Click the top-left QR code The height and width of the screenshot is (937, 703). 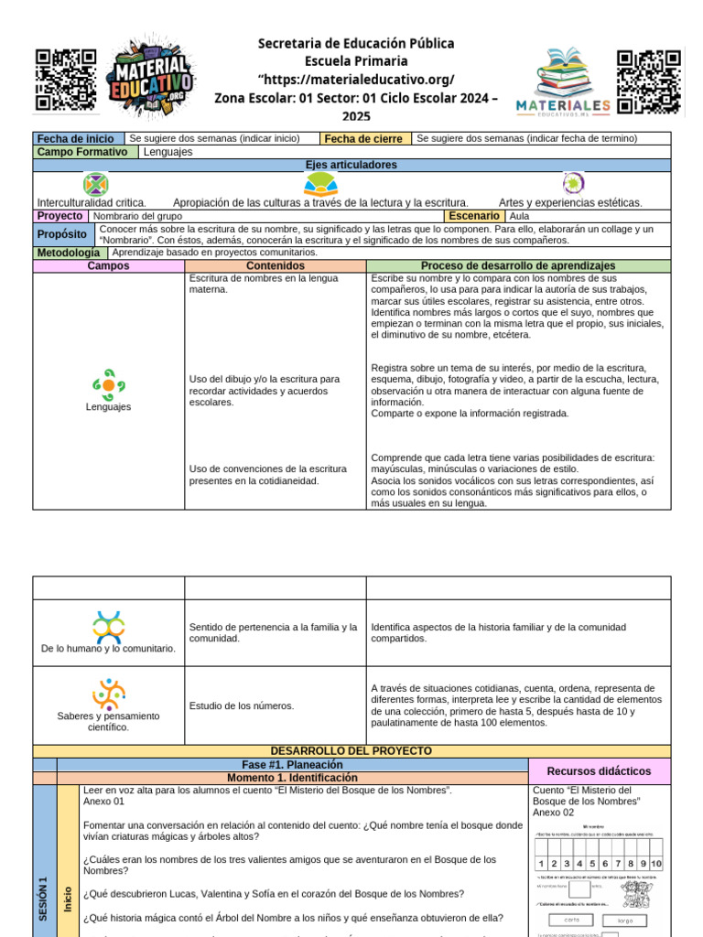tap(66, 80)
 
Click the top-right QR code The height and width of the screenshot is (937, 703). tap(649, 82)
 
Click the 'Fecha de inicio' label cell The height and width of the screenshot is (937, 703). tap(75, 139)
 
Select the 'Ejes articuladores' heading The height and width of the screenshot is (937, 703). tap(351, 165)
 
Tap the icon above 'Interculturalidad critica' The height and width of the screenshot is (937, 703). tap(95, 184)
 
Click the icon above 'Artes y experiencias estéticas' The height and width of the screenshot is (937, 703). tap(573, 183)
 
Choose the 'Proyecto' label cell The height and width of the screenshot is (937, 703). tap(59, 216)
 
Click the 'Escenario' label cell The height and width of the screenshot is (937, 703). tap(473, 216)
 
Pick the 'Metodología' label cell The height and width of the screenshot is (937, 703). tap(69, 253)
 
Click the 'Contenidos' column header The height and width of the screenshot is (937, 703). tap(276, 265)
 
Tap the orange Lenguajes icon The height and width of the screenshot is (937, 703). tap(109, 384)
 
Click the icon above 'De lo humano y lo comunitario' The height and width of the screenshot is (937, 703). tap(108, 627)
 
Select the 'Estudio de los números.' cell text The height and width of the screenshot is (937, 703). tap(242, 705)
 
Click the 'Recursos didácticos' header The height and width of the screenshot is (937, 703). tap(599, 771)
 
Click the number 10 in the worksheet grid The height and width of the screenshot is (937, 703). tap(655, 864)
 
